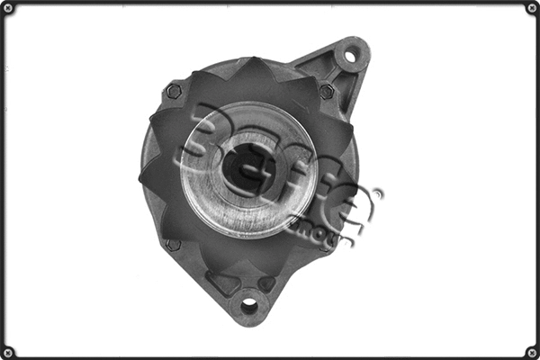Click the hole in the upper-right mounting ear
tap(350, 56)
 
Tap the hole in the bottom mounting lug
tap(249, 307)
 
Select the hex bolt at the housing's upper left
tap(174, 91)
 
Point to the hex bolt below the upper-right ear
tap(326, 92)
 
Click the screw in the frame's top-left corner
tap(9, 9)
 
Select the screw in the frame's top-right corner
tap(531, 9)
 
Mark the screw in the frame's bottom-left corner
tap(9, 351)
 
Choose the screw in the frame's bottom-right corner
tap(531, 351)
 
